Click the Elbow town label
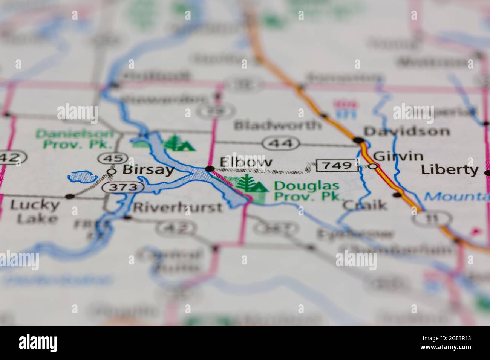pos(246,163)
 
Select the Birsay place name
pos(148,170)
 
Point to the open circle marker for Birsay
pos(112,171)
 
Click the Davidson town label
pos(407,131)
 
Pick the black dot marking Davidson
pos(359,140)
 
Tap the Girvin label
pos(398,156)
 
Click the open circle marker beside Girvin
pos(373,166)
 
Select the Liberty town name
pos(450,170)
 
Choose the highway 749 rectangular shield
pos(337,165)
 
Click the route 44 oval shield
pos(282,143)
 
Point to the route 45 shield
pos(109,158)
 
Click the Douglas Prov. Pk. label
pos(307,191)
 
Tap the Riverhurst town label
pos(178,207)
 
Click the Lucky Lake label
pos(34,212)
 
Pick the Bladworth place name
pos(278,125)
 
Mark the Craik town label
pos(364,205)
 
